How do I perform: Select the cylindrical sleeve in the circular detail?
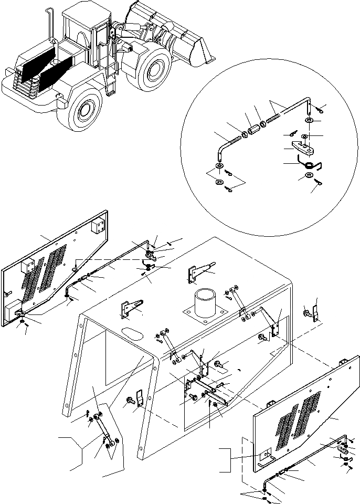254,128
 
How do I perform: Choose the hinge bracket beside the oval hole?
131,310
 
